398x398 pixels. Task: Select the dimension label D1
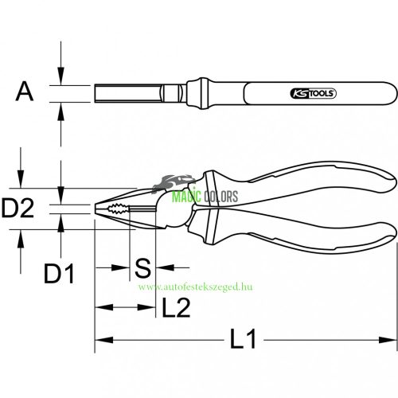(x=59, y=276)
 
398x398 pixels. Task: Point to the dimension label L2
(x=175, y=307)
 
